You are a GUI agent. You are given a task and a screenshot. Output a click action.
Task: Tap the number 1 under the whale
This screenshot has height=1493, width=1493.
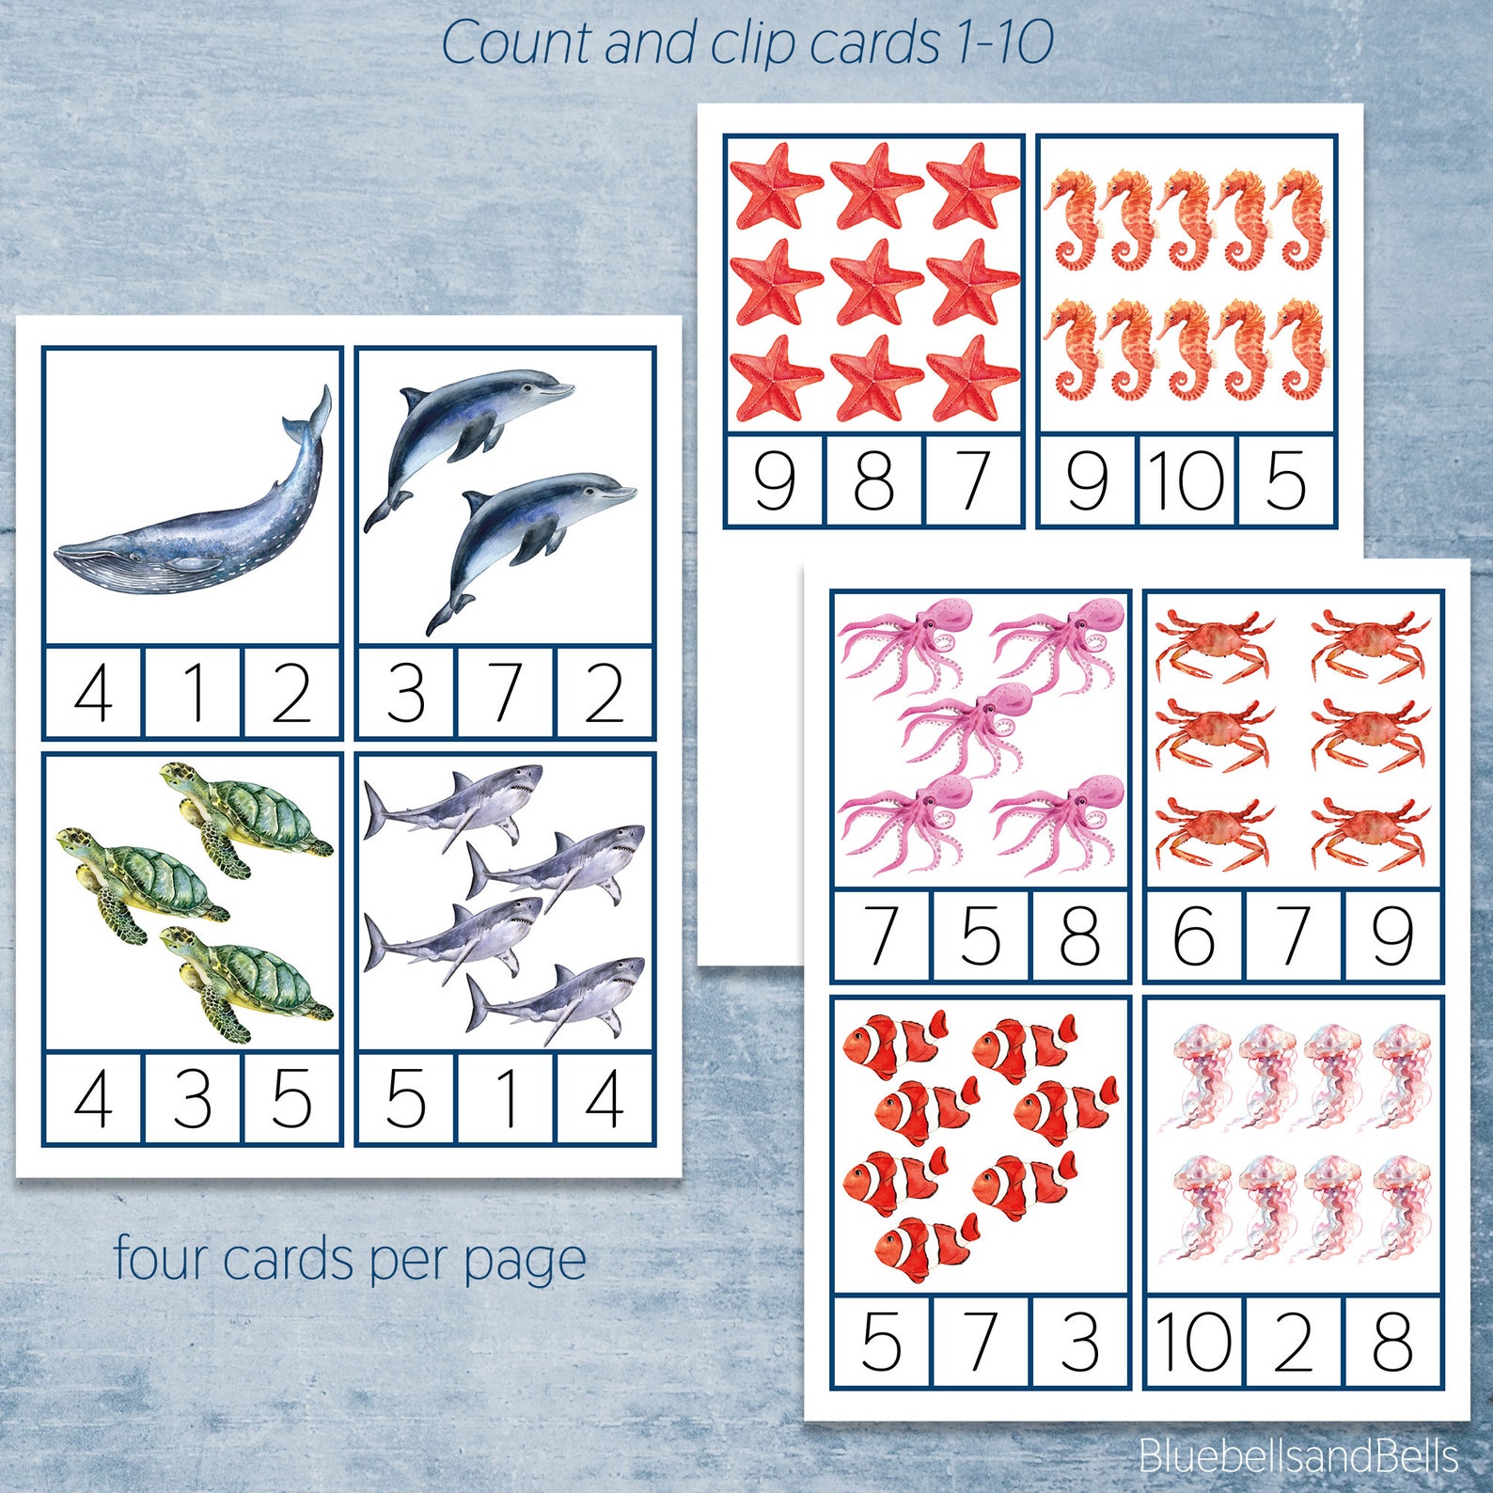coord(194,693)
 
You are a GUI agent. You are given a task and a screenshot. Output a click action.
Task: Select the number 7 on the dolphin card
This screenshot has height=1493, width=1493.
coord(506,693)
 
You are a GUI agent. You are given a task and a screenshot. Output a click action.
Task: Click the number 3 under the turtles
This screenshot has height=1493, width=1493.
coord(194,1098)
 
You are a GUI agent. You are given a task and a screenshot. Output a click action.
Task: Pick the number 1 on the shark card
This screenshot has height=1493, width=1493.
coord(506,1098)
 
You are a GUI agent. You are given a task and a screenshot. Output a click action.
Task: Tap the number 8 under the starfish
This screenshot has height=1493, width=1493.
coord(873,480)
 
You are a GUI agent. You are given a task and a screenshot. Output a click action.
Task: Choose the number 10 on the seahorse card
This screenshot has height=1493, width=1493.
coord(1187,480)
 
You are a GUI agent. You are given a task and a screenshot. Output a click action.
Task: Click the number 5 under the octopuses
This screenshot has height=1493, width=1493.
coord(980,935)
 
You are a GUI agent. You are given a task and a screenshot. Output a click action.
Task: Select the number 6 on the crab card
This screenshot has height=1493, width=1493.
coord(1194,935)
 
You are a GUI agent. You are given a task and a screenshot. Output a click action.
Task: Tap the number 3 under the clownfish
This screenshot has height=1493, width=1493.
coord(1079,1342)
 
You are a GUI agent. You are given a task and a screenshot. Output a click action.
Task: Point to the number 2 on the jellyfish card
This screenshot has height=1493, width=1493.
coord(1293,1342)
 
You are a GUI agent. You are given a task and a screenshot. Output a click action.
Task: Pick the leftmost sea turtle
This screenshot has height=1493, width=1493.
coord(141,879)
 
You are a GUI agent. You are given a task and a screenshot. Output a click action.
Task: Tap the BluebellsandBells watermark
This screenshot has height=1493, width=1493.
coord(1297,1455)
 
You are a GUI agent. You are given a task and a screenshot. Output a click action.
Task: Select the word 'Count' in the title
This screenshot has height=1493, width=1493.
coord(517,43)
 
